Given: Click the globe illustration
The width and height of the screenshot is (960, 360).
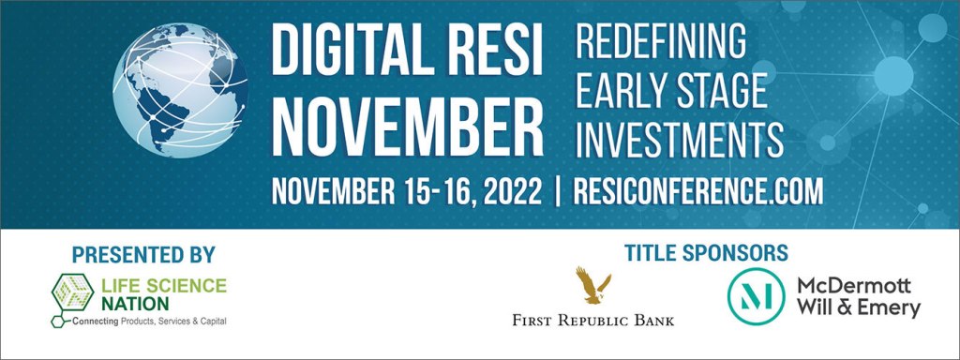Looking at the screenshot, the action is pos(181,90).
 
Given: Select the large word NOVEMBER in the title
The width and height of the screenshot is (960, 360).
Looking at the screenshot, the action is pos(407,127).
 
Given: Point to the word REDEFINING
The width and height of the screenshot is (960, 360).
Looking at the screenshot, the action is pos(661,43).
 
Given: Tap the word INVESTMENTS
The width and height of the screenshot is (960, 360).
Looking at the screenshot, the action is pos(680,139).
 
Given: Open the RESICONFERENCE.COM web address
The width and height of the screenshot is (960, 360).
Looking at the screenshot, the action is pos(697,191).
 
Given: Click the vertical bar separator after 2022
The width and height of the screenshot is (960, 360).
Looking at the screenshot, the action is pos(557,192).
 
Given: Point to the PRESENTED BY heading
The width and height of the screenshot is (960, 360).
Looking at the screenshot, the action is pos(143,254).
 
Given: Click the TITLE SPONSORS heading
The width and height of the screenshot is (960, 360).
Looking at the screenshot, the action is pos(706,253).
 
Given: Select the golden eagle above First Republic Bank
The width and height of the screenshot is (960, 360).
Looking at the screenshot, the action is pos(592,285).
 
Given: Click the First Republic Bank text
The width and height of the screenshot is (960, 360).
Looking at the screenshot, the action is pos(593,320).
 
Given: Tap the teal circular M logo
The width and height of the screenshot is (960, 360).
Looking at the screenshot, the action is pos(756,296).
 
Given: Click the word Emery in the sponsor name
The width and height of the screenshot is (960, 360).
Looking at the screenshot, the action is pos(888,307).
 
